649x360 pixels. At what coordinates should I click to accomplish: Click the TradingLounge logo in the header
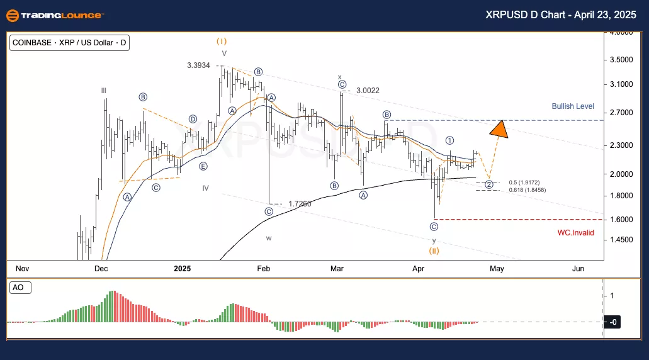click(x=56, y=15)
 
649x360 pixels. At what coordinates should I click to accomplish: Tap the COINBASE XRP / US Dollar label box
click(x=69, y=43)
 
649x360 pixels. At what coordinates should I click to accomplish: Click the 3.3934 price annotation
click(x=199, y=65)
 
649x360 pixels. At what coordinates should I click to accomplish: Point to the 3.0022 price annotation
click(x=368, y=91)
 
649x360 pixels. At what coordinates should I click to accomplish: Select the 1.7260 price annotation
click(x=300, y=204)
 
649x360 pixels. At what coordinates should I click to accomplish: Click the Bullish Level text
click(x=573, y=106)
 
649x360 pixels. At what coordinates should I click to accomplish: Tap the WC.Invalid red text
click(x=575, y=232)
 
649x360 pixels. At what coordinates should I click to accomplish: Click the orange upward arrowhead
click(x=499, y=128)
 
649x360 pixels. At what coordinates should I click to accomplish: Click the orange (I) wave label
click(x=222, y=41)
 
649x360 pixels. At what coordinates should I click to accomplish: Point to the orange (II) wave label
click(x=434, y=250)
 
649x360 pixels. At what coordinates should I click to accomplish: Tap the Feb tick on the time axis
click(x=263, y=269)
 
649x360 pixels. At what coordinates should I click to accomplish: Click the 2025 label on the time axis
click(x=182, y=269)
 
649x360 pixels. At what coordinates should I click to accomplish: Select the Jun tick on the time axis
click(x=578, y=269)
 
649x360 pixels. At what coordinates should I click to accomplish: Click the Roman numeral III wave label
click(x=104, y=91)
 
